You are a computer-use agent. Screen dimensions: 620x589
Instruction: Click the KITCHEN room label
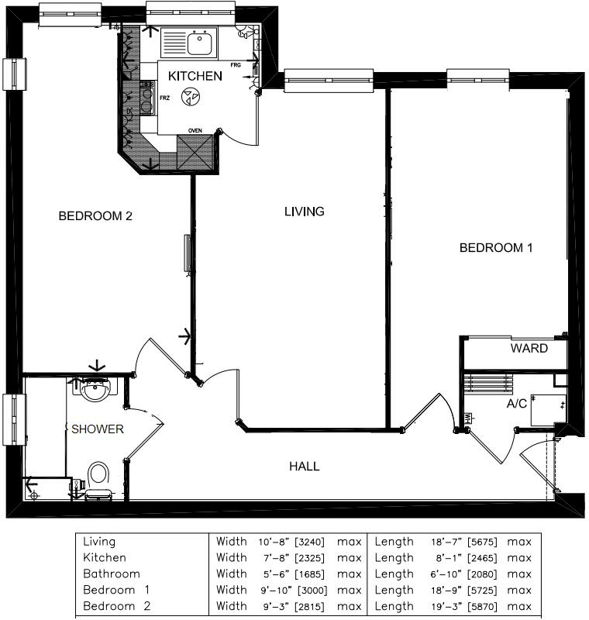point(195,76)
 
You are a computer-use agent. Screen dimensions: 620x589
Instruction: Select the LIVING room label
point(304,211)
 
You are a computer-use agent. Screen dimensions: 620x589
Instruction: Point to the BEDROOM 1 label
point(496,248)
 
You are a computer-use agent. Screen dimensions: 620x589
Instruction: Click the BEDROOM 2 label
point(95,216)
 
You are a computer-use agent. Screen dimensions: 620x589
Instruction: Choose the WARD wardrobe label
point(529,348)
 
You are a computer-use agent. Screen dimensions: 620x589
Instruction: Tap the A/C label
point(517,404)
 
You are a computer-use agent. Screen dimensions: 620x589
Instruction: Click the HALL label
point(304,466)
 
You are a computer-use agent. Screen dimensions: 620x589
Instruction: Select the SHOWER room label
point(97,429)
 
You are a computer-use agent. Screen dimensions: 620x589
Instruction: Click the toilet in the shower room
point(98,476)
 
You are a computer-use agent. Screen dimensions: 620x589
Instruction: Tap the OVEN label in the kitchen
point(196,130)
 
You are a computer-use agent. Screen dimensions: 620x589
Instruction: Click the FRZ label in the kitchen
point(164,98)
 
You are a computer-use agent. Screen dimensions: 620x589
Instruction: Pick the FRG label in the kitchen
point(235,64)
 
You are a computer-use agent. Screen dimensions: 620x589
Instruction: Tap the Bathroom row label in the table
point(112,573)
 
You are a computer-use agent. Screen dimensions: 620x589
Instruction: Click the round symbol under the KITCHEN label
point(190,97)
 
